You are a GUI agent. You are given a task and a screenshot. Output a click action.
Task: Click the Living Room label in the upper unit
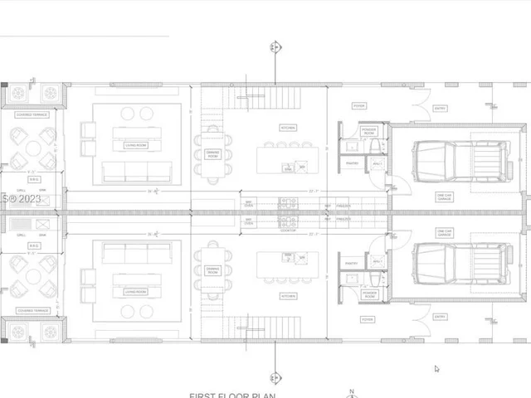pos(136,145)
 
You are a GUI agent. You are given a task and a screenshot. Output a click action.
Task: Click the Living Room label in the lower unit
pos(136,291)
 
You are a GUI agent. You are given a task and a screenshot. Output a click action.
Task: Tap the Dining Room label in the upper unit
pos(213,153)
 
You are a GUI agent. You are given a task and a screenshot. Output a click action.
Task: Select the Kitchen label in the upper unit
pos(288,128)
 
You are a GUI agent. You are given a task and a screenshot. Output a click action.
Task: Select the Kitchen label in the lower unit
pos(288,295)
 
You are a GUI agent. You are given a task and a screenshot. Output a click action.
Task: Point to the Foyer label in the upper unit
pos(358,106)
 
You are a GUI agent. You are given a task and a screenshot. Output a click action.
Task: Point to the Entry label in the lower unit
pos(440,316)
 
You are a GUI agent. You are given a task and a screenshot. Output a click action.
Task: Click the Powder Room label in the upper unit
pos(369,130)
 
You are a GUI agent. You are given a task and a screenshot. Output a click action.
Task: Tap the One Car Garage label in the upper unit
pos(445,197)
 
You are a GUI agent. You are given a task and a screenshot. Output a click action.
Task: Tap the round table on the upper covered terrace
pos(32,148)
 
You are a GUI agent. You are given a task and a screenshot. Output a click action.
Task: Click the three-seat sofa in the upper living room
pos(136,172)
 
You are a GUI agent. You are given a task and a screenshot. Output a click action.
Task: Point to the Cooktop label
pos(288,231)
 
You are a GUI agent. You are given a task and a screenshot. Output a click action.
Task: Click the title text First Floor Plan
pos(231,395)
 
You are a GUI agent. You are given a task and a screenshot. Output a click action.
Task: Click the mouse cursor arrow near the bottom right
pos(436,369)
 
